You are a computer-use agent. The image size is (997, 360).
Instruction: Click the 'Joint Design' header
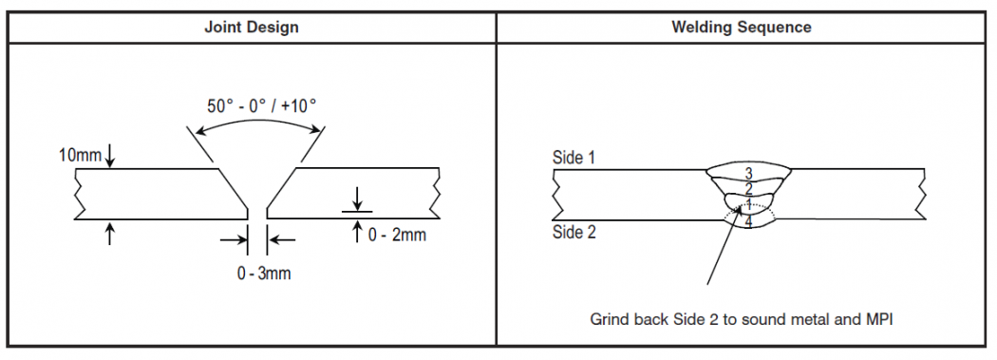pyautogui.click(x=252, y=27)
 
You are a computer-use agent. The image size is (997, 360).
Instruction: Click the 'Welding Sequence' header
pyautogui.click(x=742, y=27)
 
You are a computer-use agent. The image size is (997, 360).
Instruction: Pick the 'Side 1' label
pyautogui.click(x=574, y=158)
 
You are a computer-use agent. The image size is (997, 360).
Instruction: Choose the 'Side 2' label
pyautogui.click(x=574, y=232)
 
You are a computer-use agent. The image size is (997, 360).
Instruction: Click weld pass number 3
pyautogui.click(x=748, y=173)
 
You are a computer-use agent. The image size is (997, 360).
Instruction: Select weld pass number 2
pyautogui.click(x=748, y=188)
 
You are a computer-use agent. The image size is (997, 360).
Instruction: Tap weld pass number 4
pyautogui.click(x=749, y=222)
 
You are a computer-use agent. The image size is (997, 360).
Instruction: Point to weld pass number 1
pyautogui.click(x=748, y=204)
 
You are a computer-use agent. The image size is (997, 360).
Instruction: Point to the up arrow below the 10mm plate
pyautogui.click(x=110, y=233)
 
